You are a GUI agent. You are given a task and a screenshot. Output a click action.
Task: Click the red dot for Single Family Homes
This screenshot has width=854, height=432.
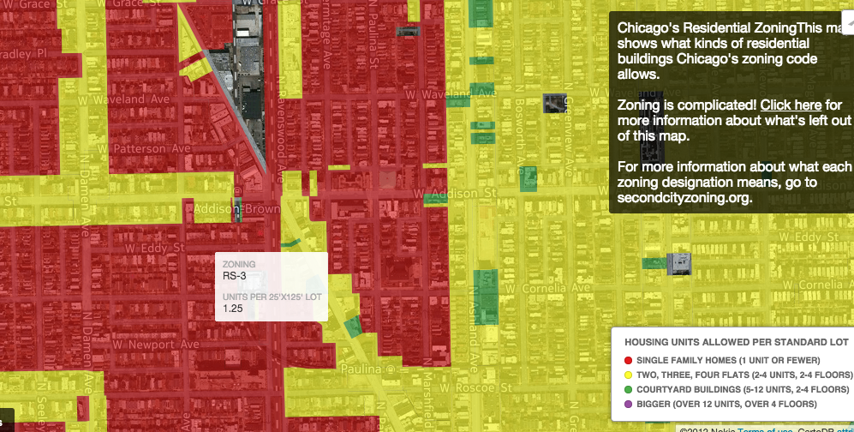point(628,360)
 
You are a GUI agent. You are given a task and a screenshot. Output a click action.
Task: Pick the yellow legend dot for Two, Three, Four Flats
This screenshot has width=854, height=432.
point(628,375)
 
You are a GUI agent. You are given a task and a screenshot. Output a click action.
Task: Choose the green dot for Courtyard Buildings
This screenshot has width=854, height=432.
point(628,389)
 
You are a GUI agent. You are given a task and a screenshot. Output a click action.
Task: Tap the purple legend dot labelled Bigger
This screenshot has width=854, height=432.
point(628,404)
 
